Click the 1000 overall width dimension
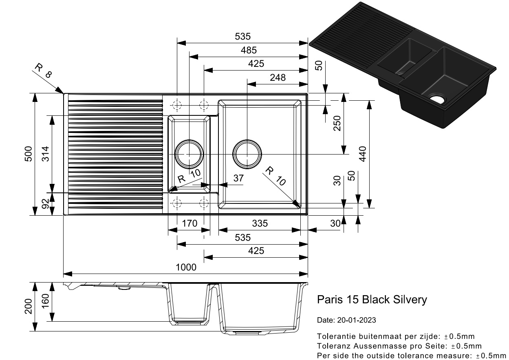coord(186,267)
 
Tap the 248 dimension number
coord(278,77)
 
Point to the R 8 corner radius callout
coord(43,72)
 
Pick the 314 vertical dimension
coord(45,154)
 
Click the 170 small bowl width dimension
coord(189,223)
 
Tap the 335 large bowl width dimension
coord(260,223)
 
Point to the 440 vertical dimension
coord(363,154)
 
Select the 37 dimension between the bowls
coord(238,178)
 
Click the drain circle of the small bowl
coord(189,154)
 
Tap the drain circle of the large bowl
coord(247,154)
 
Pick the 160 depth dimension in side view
coord(45,302)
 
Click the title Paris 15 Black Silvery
coord(372,300)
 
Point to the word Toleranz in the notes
coord(331,346)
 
